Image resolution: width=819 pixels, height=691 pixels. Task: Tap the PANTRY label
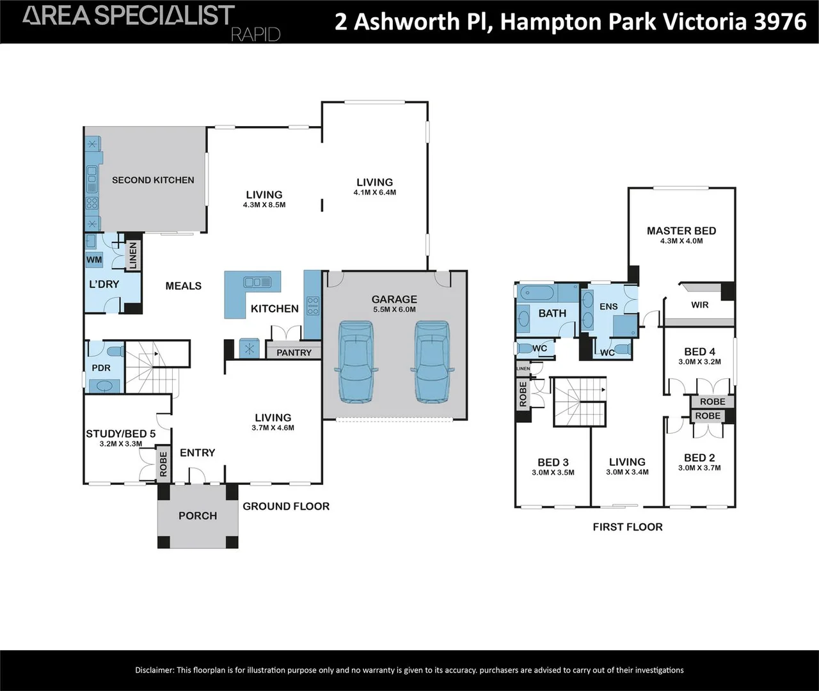point(294,353)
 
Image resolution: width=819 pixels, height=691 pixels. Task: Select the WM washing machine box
point(94,260)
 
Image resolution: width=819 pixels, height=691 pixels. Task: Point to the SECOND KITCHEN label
point(153,180)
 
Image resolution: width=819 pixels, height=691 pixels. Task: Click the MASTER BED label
point(681,230)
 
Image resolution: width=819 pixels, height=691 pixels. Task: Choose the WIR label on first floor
point(700,305)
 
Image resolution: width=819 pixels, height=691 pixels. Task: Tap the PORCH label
point(198,516)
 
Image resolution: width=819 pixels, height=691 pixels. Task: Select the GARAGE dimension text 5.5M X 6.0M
point(394,310)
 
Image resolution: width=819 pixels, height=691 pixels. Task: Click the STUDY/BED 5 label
point(121,434)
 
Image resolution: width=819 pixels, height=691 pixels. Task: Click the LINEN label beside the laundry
point(133,255)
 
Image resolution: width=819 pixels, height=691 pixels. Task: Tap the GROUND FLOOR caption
point(286,506)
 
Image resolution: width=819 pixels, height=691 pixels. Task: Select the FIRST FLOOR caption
point(628,527)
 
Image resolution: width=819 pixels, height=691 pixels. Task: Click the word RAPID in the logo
point(255,35)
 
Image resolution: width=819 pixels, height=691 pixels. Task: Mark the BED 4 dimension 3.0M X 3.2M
point(699,361)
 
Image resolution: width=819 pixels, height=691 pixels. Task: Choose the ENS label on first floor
point(608,306)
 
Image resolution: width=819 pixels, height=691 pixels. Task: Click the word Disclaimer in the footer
point(154,670)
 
